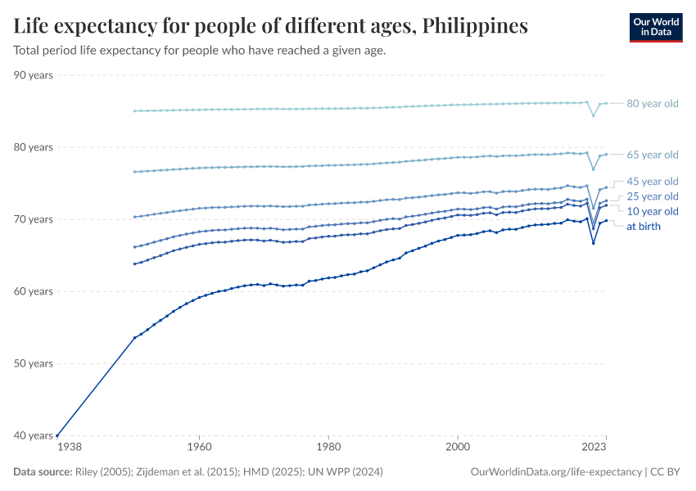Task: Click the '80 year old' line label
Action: (x=652, y=104)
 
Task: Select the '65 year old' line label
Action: (x=652, y=155)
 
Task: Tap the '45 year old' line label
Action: (x=652, y=181)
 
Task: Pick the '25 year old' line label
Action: (x=652, y=196)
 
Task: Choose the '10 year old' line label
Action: (x=652, y=211)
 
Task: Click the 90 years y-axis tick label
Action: (x=34, y=75)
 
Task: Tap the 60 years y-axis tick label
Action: (x=34, y=291)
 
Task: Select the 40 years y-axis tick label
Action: (x=34, y=435)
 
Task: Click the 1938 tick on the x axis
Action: (x=69, y=448)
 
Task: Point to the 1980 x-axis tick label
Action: (x=328, y=448)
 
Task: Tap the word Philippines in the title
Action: (x=475, y=26)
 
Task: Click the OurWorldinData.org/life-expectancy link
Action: (x=556, y=472)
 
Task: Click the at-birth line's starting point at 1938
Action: (x=57, y=435)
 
